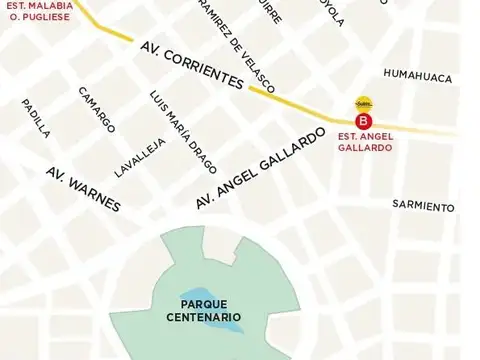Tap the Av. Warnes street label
84,188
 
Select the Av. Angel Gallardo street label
261,168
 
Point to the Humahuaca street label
418,77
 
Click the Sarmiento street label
423,206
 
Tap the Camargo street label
97,109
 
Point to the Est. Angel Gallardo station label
364,142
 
